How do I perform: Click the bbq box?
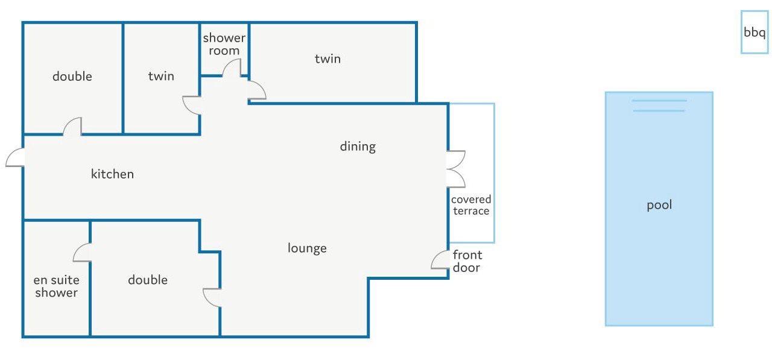pyautogui.click(x=755, y=32)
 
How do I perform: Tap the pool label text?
pyautogui.click(x=659, y=205)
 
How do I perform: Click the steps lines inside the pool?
pyautogui.click(x=659, y=106)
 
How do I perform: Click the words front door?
pyautogui.click(x=467, y=261)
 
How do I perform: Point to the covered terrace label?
pyautogui.click(x=471, y=205)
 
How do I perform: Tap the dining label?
pyautogui.click(x=358, y=147)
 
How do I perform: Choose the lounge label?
pyautogui.click(x=307, y=248)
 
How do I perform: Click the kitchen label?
pyautogui.click(x=112, y=174)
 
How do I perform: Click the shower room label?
pyautogui.click(x=224, y=44)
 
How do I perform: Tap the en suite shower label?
pyautogui.click(x=57, y=286)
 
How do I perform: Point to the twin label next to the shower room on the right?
pyautogui.click(x=327, y=58)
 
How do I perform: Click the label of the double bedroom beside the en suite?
pyautogui.click(x=148, y=280)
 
